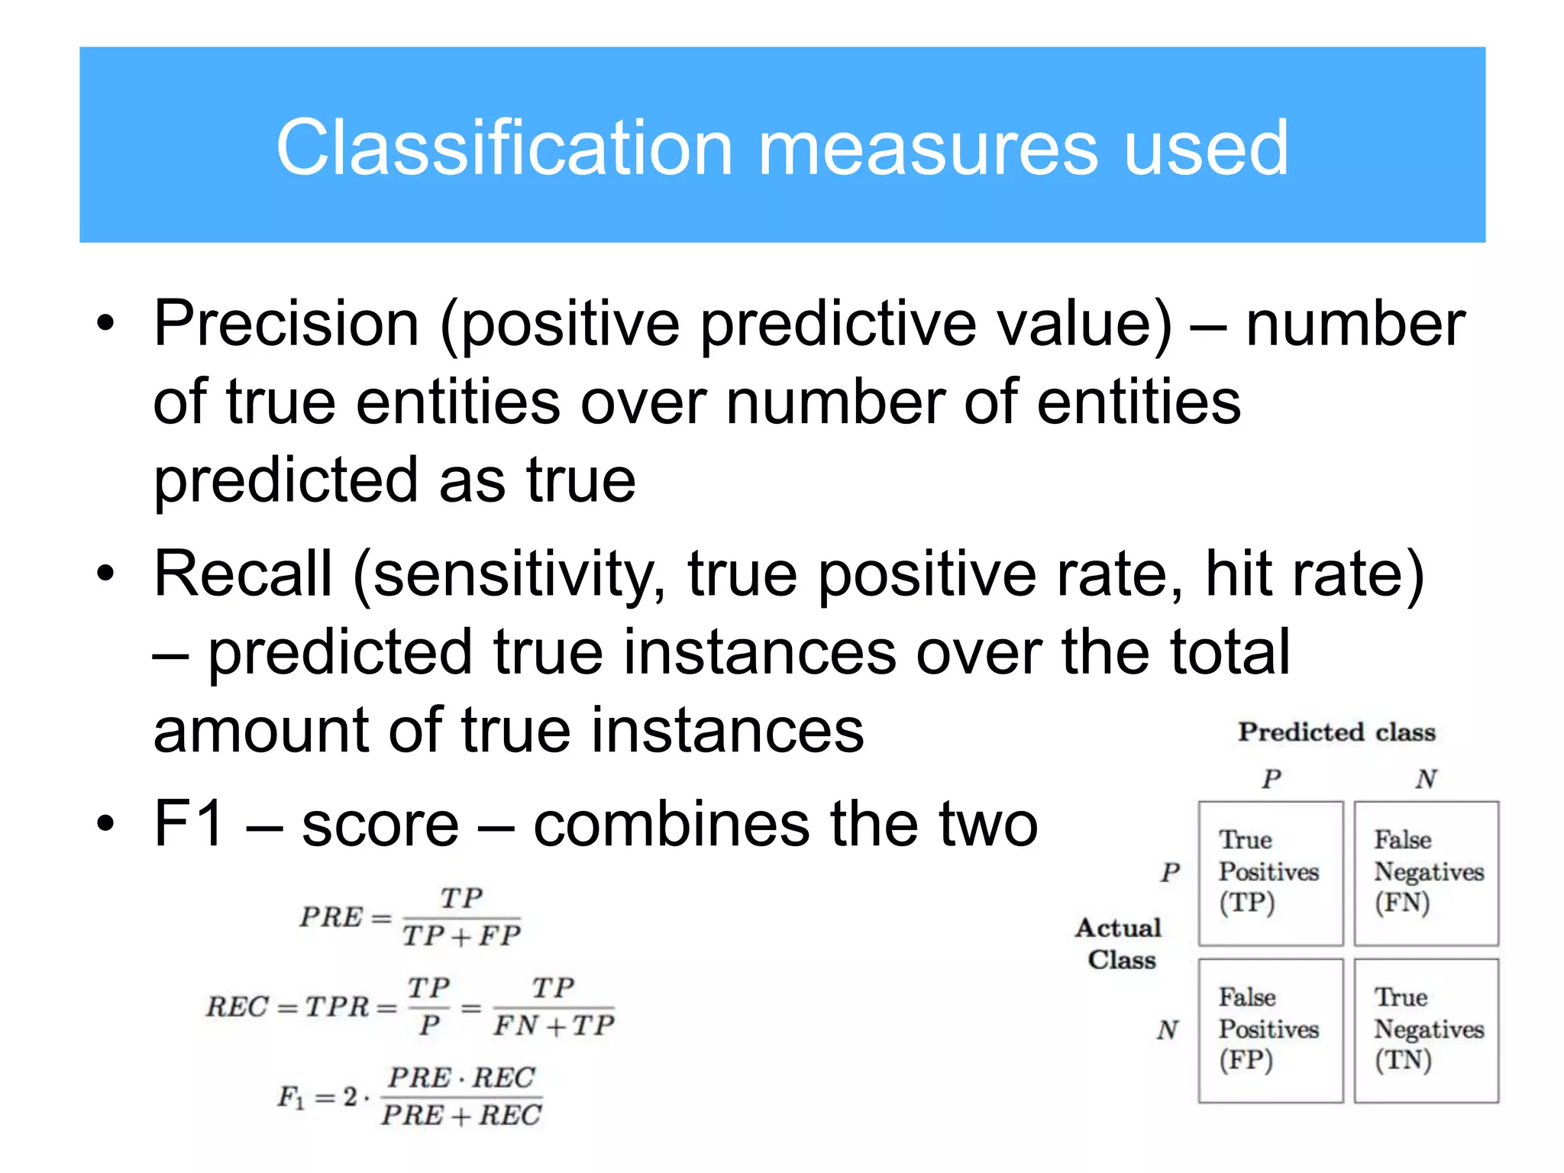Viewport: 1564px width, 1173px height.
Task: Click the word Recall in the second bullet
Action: tap(243, 574)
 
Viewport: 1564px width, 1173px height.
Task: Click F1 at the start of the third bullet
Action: tap(189, 824)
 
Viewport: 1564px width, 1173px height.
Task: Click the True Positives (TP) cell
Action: tap(1270, 873)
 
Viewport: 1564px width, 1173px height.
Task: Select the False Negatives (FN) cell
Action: tap(1426, 873)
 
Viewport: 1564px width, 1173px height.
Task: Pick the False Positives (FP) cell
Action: tap(1270, 1030)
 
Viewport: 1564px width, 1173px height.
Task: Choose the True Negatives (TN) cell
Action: tap(1426, 1030)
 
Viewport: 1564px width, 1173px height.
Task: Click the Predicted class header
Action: tap(1336, 732)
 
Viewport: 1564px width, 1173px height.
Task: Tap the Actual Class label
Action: tap(1120, 944)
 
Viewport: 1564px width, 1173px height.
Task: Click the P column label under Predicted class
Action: tap(1271, 779)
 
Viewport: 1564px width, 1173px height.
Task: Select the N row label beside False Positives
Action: tap(1168, 1030)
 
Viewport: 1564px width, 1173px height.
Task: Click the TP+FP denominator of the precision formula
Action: tap(462, 936)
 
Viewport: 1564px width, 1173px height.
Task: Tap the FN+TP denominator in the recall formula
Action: tap(554, 1026)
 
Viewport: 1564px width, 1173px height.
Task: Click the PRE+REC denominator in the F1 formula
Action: tap(461, 1116)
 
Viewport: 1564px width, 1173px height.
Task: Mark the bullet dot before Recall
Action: tap(105, 574)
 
